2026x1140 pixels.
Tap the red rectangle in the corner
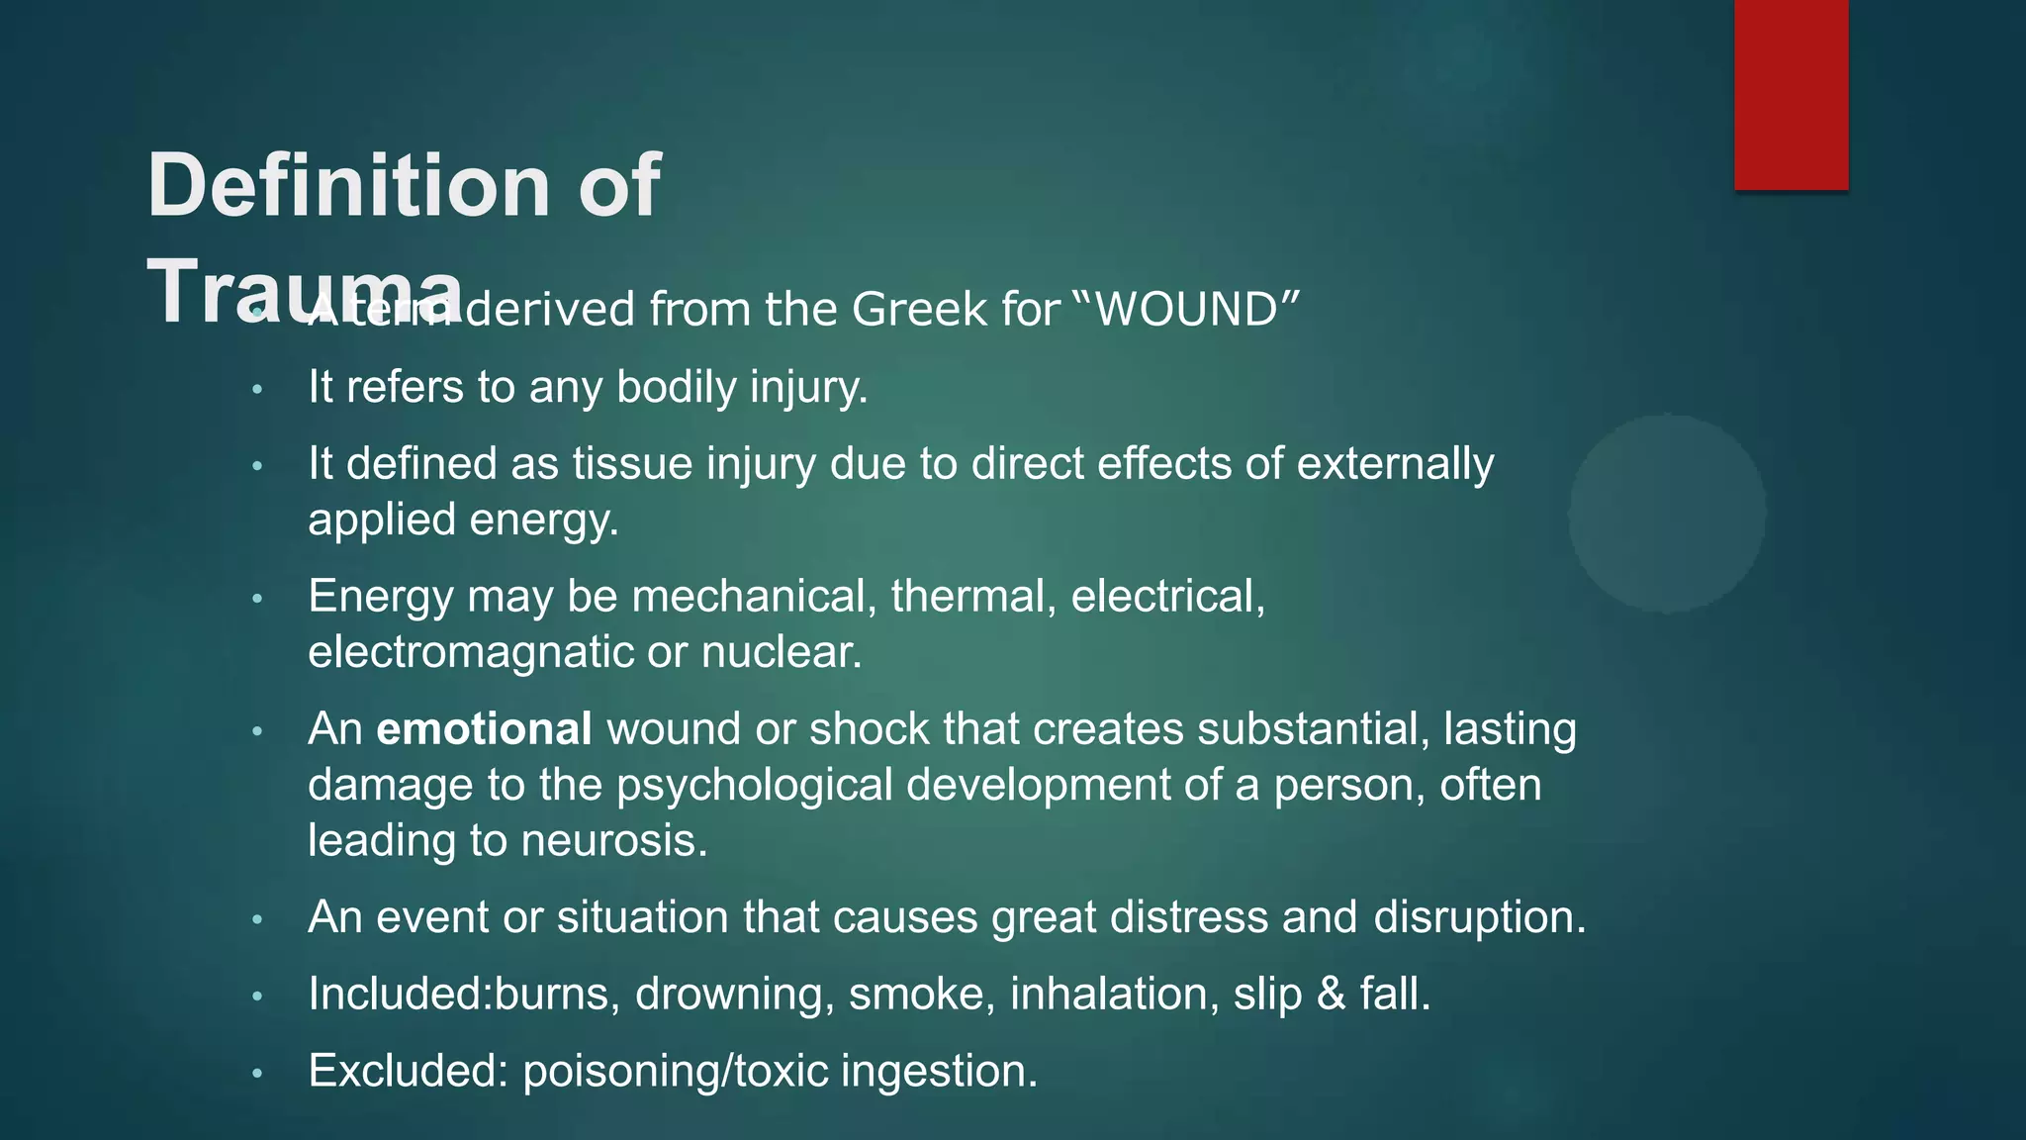pos(1791,94)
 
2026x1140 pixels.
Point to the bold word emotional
pos(484,729)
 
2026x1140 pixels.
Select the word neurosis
pos(614,841)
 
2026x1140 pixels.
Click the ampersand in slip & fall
pos(1331,994)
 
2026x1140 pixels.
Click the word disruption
pos(1479,917)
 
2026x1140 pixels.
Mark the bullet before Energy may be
pos(257,598)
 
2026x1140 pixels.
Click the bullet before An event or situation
pos(257,918)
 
